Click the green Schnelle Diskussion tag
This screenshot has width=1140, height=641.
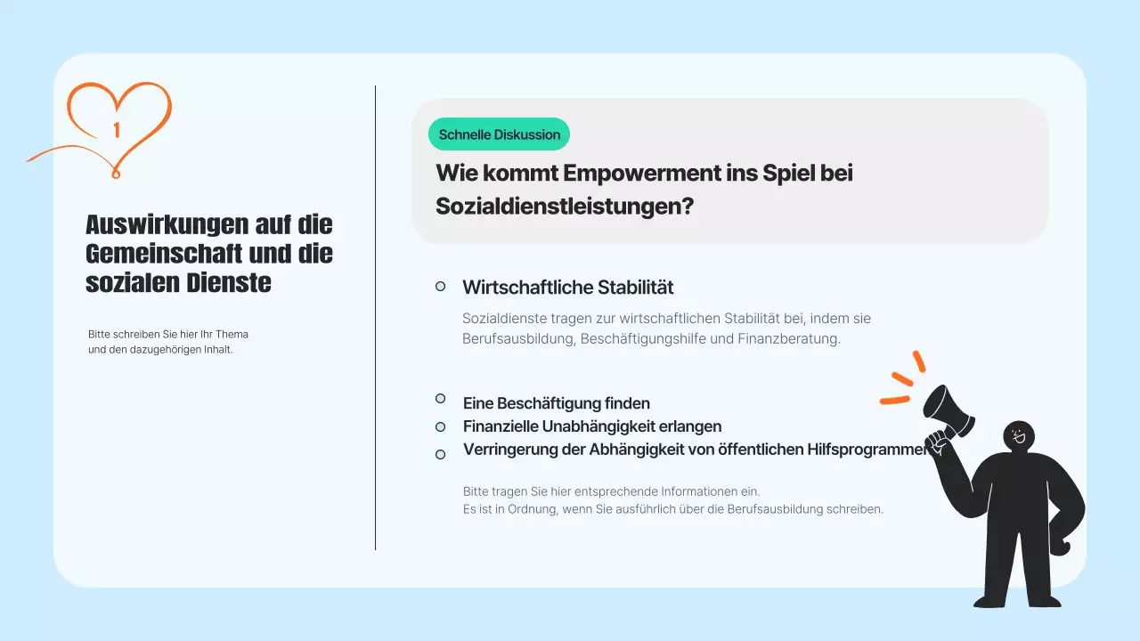(x=499, y=134)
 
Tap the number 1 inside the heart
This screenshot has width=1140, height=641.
(x=117, y=131)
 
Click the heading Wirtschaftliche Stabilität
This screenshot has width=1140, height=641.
(x=567, y=288)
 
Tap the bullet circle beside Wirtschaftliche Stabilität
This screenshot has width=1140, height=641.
(x=440, y=286)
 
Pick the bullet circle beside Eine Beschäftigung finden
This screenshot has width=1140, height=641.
(x=440, y=398)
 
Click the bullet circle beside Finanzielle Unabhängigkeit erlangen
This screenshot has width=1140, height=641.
(x=440, y=427)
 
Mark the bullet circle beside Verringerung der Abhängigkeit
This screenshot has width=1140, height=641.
(x=440, y=454)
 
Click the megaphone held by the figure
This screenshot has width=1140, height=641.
(x=948, y=410)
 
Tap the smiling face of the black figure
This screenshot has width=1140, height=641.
(x=1019, y=435)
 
